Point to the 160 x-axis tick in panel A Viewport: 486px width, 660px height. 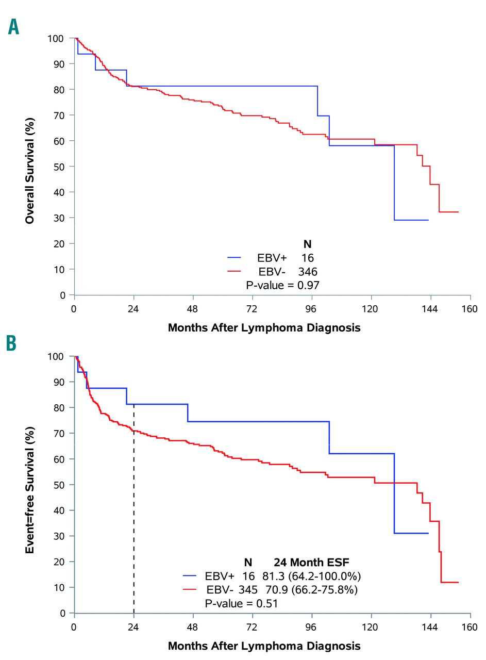click(470, 309)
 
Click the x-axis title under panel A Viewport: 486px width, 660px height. click(264, 327)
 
